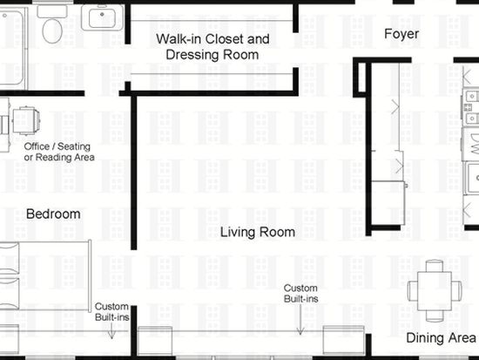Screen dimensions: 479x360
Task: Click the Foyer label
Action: click(401, 34)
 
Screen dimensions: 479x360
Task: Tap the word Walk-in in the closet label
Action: click(179, 39)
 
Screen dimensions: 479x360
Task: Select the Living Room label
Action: click(258, 232)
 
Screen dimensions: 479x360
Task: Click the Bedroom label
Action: click(53, 214)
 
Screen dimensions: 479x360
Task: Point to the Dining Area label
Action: click(442, 338)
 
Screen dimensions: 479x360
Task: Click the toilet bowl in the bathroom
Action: click(52, 31)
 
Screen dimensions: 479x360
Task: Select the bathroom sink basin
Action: click(102, 17)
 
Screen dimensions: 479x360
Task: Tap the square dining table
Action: click(435, 291)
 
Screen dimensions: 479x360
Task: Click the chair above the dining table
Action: click(435, 266)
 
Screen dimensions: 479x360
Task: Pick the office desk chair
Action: click(26, 120)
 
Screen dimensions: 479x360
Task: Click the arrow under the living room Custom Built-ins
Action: click(300, 320)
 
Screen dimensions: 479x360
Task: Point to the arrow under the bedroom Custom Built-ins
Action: click(111, 331)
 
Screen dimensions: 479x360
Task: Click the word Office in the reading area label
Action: click(37, 146)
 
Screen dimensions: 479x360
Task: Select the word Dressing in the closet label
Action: click(192, 56)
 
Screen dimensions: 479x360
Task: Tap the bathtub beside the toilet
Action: click(12, 46)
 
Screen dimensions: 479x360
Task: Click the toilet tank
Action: click(52, 11)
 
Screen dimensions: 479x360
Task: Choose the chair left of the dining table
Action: click(413, 291)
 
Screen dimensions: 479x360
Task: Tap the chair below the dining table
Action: click(435, 316)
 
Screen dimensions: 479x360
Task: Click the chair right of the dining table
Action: click(456, 291)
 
